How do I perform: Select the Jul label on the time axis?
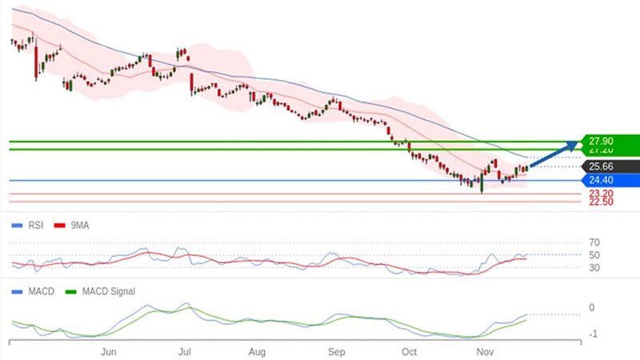(x=185, y=351)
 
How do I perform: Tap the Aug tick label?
(x=257, y=351)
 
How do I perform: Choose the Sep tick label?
(x=337, y=351)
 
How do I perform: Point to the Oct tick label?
(x=409, y=351)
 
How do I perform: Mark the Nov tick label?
(x=483, y=351)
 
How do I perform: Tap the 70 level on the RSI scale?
(x=594, y=242)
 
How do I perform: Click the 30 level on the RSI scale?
(x=594, y=268)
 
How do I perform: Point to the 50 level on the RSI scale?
(x=594, y=255)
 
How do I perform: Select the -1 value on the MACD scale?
(x=593, y=334)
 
